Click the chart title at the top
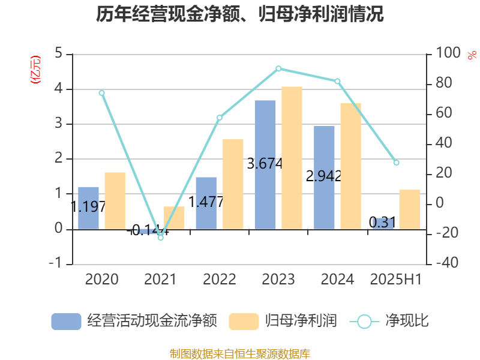(240, 14)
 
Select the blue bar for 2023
(265, 164)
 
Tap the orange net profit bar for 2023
(292, 157)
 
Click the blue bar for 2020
(88, 208)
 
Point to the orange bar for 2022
(233, 184)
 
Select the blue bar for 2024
(324, 177)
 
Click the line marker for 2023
(278, 69)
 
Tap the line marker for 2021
(161, 238)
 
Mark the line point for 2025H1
(396, 163)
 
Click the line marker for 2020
(102, 93)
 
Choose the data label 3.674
(265, 163)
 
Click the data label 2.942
(324, 176)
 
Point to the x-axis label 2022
(220, 280)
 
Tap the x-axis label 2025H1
(396, 280)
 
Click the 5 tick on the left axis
(59, 54)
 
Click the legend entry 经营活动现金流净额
(133, 321)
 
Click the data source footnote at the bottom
(240, 353)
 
